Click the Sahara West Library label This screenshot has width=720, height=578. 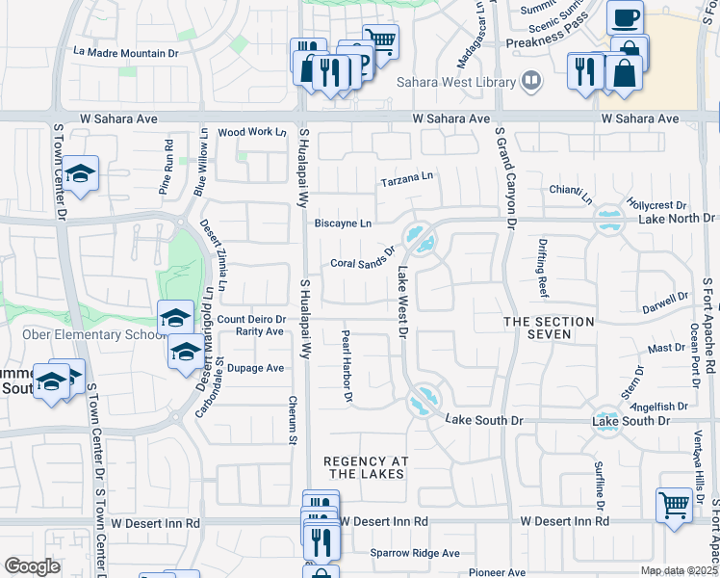click(457, 83)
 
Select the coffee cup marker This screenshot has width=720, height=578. click(625, 17)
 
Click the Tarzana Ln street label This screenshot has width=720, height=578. click(407, 178)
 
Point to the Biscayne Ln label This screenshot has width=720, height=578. click(343, 223)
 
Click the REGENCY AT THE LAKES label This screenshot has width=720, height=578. click(364, 467)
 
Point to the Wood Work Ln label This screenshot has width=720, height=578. click(252, 132)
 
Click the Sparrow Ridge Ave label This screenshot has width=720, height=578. click(416, 553)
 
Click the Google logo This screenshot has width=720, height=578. click(32, 566)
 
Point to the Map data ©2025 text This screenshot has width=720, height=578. click(680, 570)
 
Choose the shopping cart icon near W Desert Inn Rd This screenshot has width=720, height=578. click(674, 503)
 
